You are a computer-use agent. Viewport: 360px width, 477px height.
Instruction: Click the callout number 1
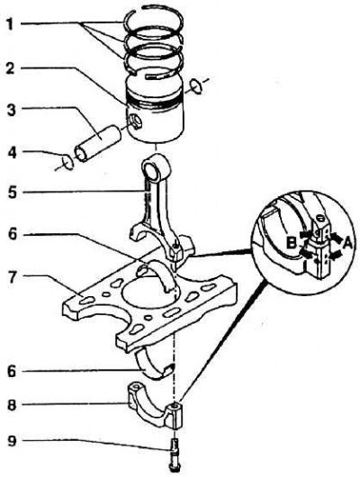[x=10, y=24]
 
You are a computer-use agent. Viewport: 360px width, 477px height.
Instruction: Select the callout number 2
[x=11, y=68]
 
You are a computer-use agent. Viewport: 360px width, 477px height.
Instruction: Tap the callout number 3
[x=12, y=110]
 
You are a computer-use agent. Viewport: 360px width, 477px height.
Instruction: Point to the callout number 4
[x=12, y=153]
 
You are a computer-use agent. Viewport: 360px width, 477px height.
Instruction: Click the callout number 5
[x=13, y=193]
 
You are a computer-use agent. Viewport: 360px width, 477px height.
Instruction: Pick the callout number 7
[x=12, y=278]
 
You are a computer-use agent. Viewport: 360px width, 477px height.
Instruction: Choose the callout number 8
[x=12, y=407]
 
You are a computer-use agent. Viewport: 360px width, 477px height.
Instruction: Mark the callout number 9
[x=12, y=441]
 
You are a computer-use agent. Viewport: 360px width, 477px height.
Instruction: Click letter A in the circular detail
[x=346, y=243]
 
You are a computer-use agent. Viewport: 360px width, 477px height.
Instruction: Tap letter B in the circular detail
[x=292, y=243]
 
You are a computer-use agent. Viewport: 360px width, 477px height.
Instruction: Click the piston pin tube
[x=97, y=143]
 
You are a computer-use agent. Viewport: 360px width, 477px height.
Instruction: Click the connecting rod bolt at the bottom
[x=175, y=457]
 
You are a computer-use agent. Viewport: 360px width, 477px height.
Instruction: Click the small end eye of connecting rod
[x=155, y=167]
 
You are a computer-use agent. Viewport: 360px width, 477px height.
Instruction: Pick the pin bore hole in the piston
[x=135, y=121]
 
